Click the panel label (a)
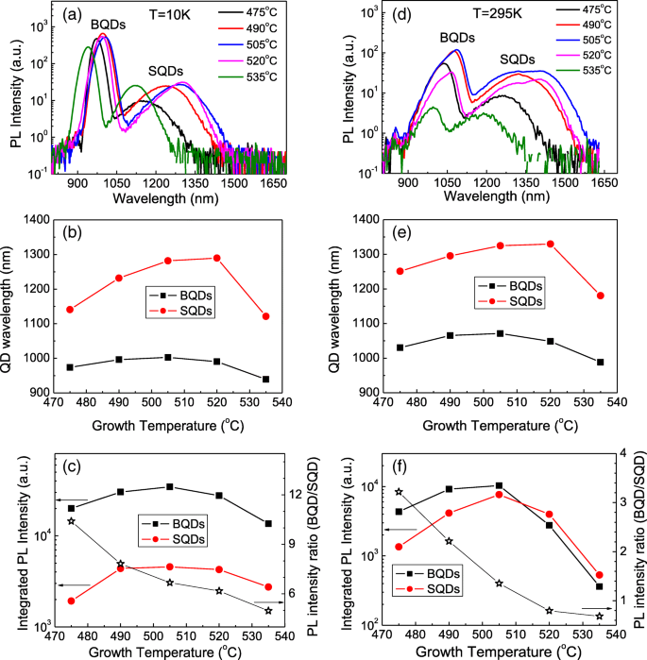(76, 17)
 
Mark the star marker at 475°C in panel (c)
(71, 521)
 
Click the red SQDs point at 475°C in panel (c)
(71, 601)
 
